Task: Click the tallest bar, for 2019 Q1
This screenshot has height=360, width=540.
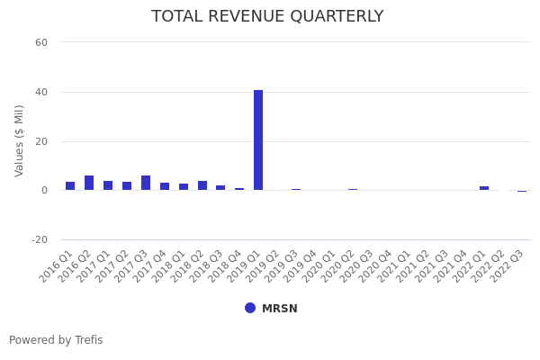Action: coord(258,139)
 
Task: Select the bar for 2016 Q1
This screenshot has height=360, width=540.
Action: coord(70,186)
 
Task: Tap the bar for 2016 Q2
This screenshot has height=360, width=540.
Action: coord(89,183)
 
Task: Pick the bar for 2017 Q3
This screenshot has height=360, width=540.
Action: coord(146,183)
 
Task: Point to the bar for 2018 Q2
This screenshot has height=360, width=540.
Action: coord(202,185)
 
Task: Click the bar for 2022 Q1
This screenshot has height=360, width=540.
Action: coord(484,188)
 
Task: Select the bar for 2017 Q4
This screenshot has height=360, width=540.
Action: coord(165,186)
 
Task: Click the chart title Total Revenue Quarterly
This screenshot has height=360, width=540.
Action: coord(267,16)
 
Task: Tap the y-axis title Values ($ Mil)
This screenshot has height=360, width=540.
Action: coord(20,140)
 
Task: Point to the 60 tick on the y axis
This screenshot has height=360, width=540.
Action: coord(41,42)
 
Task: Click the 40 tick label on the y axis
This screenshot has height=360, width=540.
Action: coord(41,92)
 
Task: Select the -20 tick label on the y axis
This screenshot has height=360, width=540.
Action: coord(40,240)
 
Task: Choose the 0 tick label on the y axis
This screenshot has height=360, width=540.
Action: coord(44,191)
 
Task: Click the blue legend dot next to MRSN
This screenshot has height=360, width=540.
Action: coord(250,308)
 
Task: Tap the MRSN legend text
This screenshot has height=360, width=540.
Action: coord(279,309)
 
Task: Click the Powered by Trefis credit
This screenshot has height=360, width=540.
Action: coord(56,340)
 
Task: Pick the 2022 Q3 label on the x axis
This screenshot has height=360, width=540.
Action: coord(508,266)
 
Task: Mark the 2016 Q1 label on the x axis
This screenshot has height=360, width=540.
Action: coord(57,266)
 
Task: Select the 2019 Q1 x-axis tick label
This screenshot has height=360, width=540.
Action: coord(245,266)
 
